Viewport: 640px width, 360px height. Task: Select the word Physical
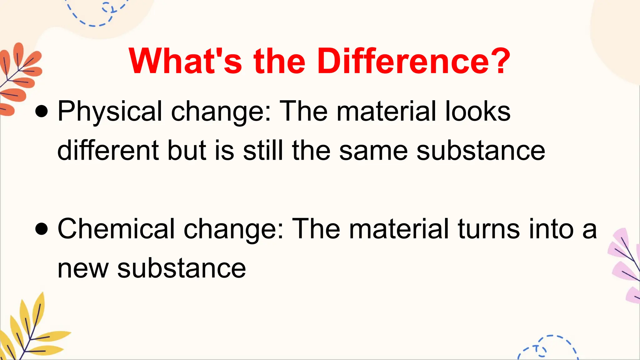tap(110, 112)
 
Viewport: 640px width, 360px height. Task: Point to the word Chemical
tap(116, 229)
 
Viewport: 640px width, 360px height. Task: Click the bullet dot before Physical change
tap(42, 111)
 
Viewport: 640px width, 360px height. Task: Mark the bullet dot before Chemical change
tap(42, 229)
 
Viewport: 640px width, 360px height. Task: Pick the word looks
tap(478, 111)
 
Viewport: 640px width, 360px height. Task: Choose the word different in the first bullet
tap(108, 151)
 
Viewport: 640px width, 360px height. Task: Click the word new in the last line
tap(83, 269)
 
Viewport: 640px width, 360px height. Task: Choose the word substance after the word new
tap(182, 268)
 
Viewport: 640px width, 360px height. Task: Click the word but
tap(187, 151)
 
